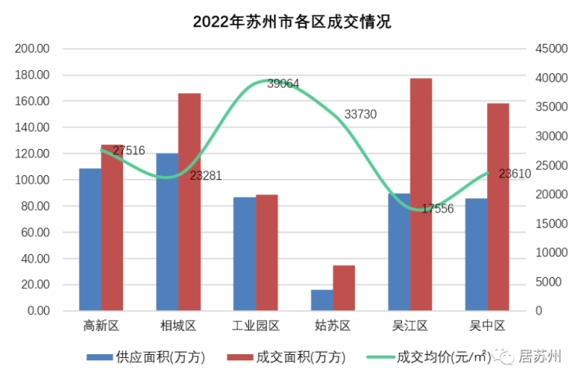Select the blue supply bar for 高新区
coord(90,239)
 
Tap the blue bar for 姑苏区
coord(322,300)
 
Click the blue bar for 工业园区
coord(244,254)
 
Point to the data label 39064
coord(283,83)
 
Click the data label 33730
coord(360,114)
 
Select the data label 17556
coord(438,208)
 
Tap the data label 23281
coord(206,175)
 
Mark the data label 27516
coord(128,150)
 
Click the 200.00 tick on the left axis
coord(32,49)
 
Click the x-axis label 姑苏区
coord(333,326)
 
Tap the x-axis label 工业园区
coord(256,326)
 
